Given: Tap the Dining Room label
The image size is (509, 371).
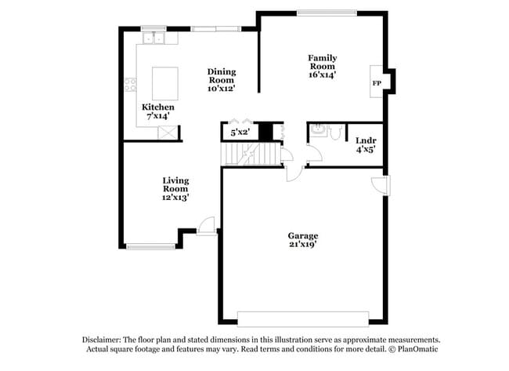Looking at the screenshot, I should (221, 76).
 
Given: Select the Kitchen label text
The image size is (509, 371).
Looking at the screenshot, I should (157, 107).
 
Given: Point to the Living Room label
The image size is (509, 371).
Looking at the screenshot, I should (175, 184).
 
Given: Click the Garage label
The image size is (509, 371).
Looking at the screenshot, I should (302, 235).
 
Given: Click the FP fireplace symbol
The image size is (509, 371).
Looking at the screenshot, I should (377, 83).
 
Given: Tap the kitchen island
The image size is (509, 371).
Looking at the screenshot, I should (164, 83).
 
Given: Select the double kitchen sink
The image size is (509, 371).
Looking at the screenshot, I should (153, 37).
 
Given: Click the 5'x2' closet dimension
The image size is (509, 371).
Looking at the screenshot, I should (239, 133).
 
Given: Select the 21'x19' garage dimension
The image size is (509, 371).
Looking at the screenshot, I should (302, 245).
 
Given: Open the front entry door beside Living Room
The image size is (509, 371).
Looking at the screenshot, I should (208, 226).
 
